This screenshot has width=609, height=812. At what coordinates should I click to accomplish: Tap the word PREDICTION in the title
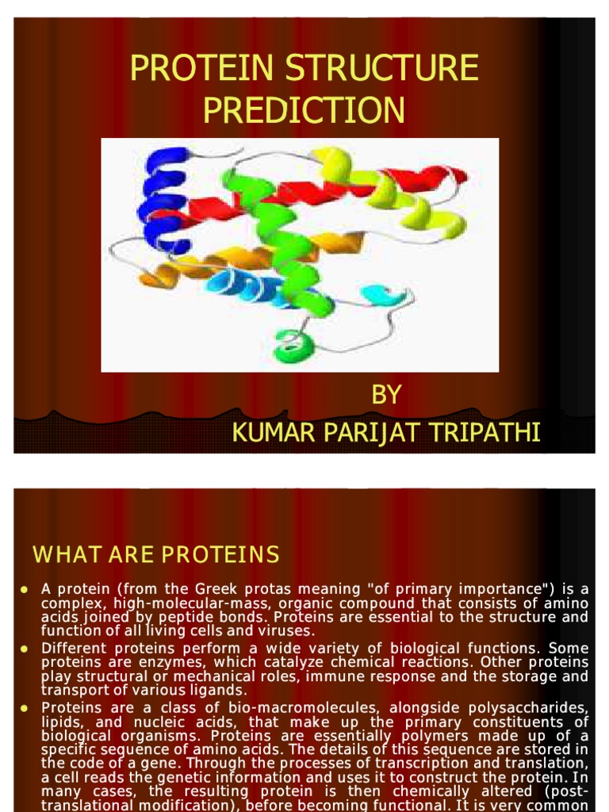pyautogui.click(x=304, y=110)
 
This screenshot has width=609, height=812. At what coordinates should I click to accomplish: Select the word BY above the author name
pyautogui.click(x=386, y=395)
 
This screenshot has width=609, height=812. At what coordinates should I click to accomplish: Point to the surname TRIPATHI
pyautogui.click(x=489, y=433)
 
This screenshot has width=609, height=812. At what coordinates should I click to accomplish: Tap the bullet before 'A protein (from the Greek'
pyautogui.click(x=25, y=590)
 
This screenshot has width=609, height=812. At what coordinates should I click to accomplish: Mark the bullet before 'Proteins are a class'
pyautogui.click(x=25, y=707)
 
